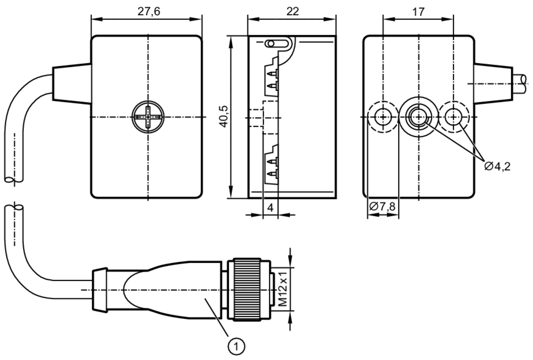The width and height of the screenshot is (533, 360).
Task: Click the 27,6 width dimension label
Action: (149, 12)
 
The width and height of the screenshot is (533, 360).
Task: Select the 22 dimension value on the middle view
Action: (292, 12)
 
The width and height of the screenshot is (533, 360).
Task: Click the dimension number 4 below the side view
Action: (270, 207)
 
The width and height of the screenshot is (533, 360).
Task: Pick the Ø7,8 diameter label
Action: (382, 206)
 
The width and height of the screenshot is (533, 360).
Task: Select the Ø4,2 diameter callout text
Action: (497, 166)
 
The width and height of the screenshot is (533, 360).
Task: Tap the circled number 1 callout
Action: (236, 347)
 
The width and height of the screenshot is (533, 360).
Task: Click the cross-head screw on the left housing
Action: (148, 117)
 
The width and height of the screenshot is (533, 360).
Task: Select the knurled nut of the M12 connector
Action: (247, 289)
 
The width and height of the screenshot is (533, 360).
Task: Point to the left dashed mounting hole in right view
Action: (383, 117)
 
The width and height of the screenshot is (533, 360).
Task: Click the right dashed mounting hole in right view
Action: (454, 117)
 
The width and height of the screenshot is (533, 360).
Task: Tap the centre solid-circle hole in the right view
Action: (418, 117)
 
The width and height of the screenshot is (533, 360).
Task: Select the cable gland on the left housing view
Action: (71, 84)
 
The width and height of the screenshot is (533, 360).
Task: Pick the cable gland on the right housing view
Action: (493, 84)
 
